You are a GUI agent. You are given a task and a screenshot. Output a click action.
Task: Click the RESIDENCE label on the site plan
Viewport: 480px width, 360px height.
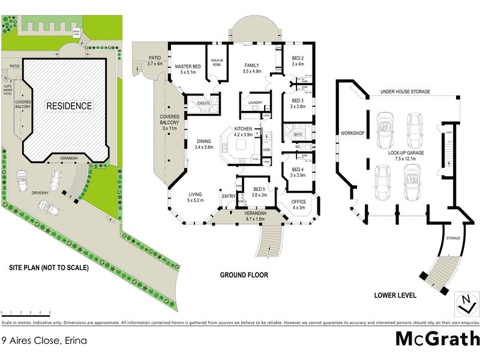click(70, 106)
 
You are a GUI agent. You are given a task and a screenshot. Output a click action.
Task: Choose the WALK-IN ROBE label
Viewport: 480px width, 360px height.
click(217, 62)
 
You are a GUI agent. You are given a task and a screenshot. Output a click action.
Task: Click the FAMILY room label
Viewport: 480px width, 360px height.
click(253, 67)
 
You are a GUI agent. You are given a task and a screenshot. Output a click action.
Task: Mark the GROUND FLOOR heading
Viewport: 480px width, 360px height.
click(244, 275)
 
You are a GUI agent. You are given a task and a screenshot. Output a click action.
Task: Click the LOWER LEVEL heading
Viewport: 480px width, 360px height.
click(395, 296)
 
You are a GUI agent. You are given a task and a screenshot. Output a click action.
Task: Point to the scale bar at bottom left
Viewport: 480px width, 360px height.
click(25, 313)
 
